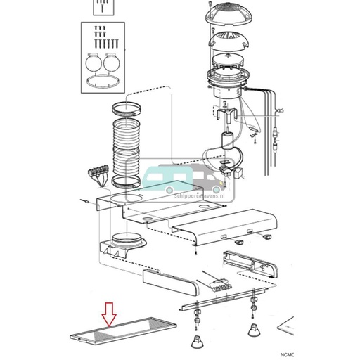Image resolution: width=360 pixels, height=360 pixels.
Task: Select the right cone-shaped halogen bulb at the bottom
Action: pos(252,329)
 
